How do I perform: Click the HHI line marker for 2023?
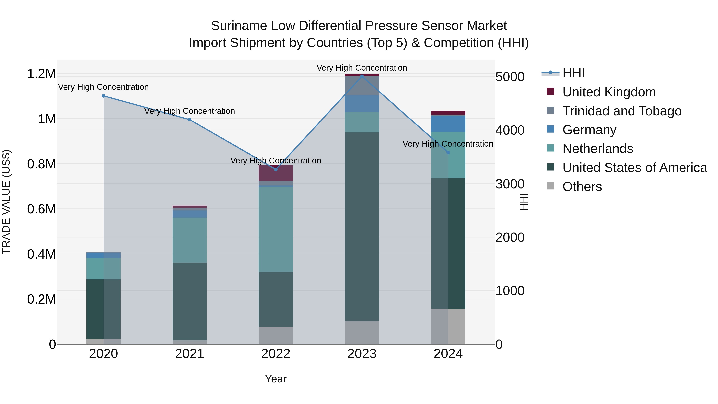[x=362, y=76]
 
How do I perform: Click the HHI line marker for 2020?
[x=103, y=96]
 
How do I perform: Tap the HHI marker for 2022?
[x=276, y=169]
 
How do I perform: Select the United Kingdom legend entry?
[x=609, y=92]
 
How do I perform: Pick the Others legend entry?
[x=582, y=187]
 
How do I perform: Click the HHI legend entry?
[x=573, y=73]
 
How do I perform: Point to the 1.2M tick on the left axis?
[x=41, y=74]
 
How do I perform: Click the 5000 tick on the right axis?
[x=510, y=77]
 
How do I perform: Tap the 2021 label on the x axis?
[x=189, y=354]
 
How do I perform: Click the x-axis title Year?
[x=276, y=379]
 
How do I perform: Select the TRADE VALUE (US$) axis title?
[x=6, y=202]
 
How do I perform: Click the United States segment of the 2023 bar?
[x=362, y=226]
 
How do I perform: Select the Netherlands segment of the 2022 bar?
[x=276, y=229]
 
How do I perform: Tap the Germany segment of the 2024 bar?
[x=448, y=123]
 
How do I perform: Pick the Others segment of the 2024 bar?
[x=448, y=326]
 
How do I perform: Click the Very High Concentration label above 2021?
[x=189, y=111]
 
